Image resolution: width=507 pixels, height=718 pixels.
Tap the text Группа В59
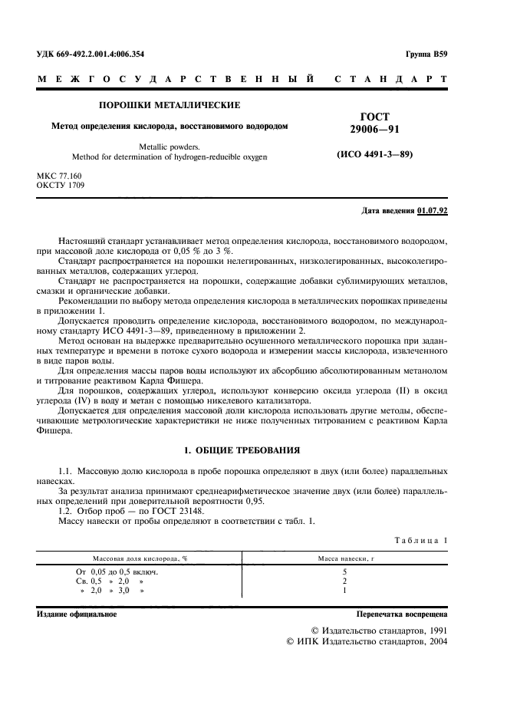point(426,54)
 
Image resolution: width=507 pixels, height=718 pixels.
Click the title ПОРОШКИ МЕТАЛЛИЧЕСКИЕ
point(169,105)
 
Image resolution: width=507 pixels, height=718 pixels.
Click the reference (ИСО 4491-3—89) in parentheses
point(375,155)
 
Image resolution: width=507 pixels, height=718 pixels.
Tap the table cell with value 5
point(344,571)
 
